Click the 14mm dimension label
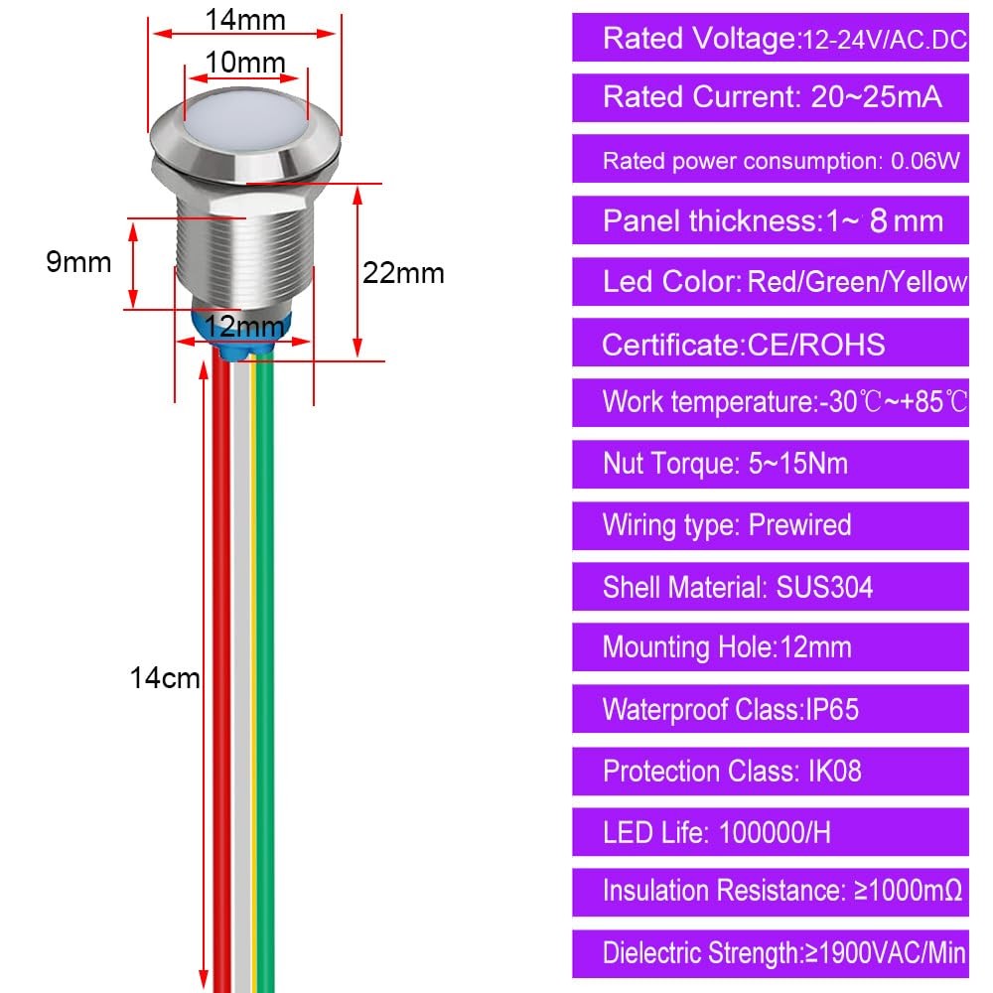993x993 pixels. pyautogui.click(x=245, y=20)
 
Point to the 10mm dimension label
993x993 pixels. pyautogui.click(x=245, y=62)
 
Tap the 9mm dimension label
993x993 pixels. pyautogui.click(x=78, y=261)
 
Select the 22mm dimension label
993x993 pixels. pyautogui.click(x=403, y=274)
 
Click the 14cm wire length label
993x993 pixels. pyautogui.click(x=165, y=677)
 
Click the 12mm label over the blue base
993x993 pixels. pyautogui.click(x=244, y=326)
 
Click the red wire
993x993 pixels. pyautogui.click(x=221, y=671)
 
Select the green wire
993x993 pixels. pyautogui.click(x=265, y=671)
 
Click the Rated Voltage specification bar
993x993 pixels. pyautogui.click(x=771, y=38)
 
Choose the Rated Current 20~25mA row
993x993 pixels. pyautogui.click(x=771, y=97)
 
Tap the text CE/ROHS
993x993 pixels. pyautogui.click(x=816, y=346)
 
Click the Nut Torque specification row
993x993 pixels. pyautogui.click(x=771, y=464)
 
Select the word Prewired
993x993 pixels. pyautogui.click(x=799, y=525)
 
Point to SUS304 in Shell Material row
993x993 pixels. pyautogui.click(x=824, y=587)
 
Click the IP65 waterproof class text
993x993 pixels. pyautogui.click(x=832, y=709)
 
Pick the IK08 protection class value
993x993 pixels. pyautogui.click(x=835, y=772)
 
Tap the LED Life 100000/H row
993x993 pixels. pyautogui.click(x=771, y=832)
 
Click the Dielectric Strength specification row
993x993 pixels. pyautogui.click(x=771, y=953)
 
